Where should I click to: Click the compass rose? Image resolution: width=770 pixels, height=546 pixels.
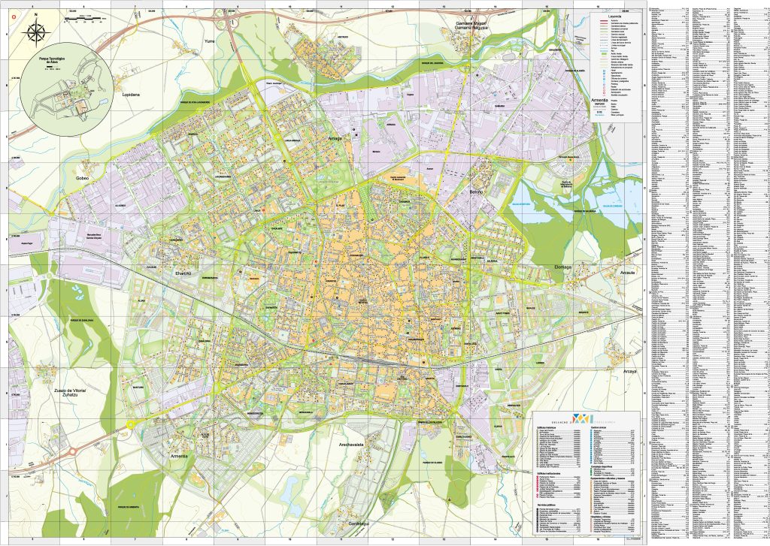click(x=35, y=32)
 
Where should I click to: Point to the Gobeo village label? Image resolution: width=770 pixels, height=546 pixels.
click(x=81, y=178)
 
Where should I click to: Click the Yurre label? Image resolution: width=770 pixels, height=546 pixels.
click(x=210, y=44)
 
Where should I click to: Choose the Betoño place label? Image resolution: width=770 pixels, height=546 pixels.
click(x=480, y=192)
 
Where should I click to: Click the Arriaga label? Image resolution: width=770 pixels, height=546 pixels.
click(x=335, y=138)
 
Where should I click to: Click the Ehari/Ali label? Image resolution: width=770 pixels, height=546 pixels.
click(x=184, y=274)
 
